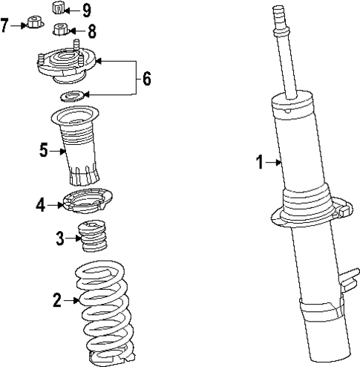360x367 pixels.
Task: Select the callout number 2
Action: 56,300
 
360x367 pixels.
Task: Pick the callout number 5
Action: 44,151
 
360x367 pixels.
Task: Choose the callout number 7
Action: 5,26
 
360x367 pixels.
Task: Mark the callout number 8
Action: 92,31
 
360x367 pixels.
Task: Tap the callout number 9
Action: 87,10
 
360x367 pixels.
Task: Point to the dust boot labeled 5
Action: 78,149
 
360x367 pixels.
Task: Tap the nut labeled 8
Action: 62,30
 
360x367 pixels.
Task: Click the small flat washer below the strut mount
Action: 75,96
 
